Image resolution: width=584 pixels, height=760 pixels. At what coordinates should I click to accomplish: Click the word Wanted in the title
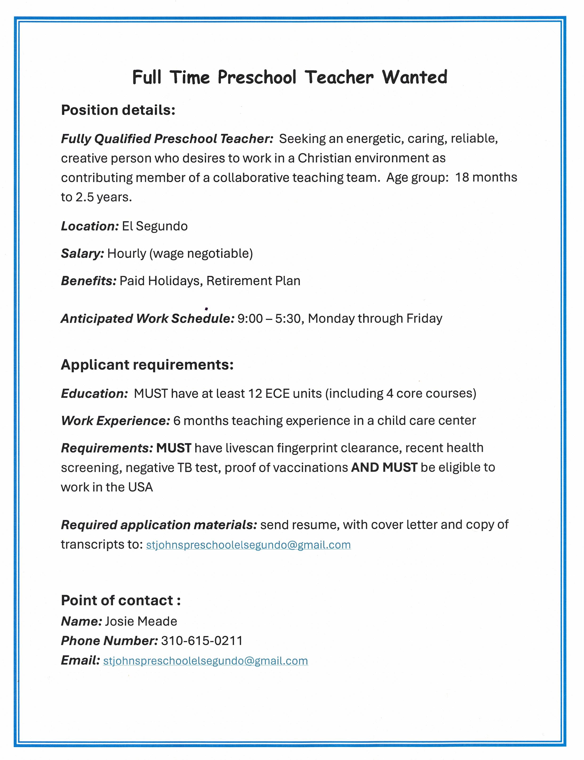[414, 77]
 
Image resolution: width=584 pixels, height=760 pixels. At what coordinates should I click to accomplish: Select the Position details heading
[118, 110]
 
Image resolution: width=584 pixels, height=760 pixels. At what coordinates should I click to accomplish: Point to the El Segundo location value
[155, 226]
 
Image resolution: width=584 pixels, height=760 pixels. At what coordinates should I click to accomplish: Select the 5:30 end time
[287, 318]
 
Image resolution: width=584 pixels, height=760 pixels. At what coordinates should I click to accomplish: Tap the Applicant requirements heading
[147, 365]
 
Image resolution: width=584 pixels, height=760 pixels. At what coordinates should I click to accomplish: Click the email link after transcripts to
[248, 545]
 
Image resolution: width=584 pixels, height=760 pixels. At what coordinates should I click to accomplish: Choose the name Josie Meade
[141, 621]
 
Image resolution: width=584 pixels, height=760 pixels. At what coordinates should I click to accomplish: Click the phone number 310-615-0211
[202, 641]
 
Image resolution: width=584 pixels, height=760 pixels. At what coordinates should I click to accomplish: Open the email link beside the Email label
[205, 661]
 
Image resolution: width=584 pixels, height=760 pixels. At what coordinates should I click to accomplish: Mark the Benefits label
[89, 281]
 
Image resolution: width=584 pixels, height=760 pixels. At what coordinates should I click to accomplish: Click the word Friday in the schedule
[424, 318]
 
